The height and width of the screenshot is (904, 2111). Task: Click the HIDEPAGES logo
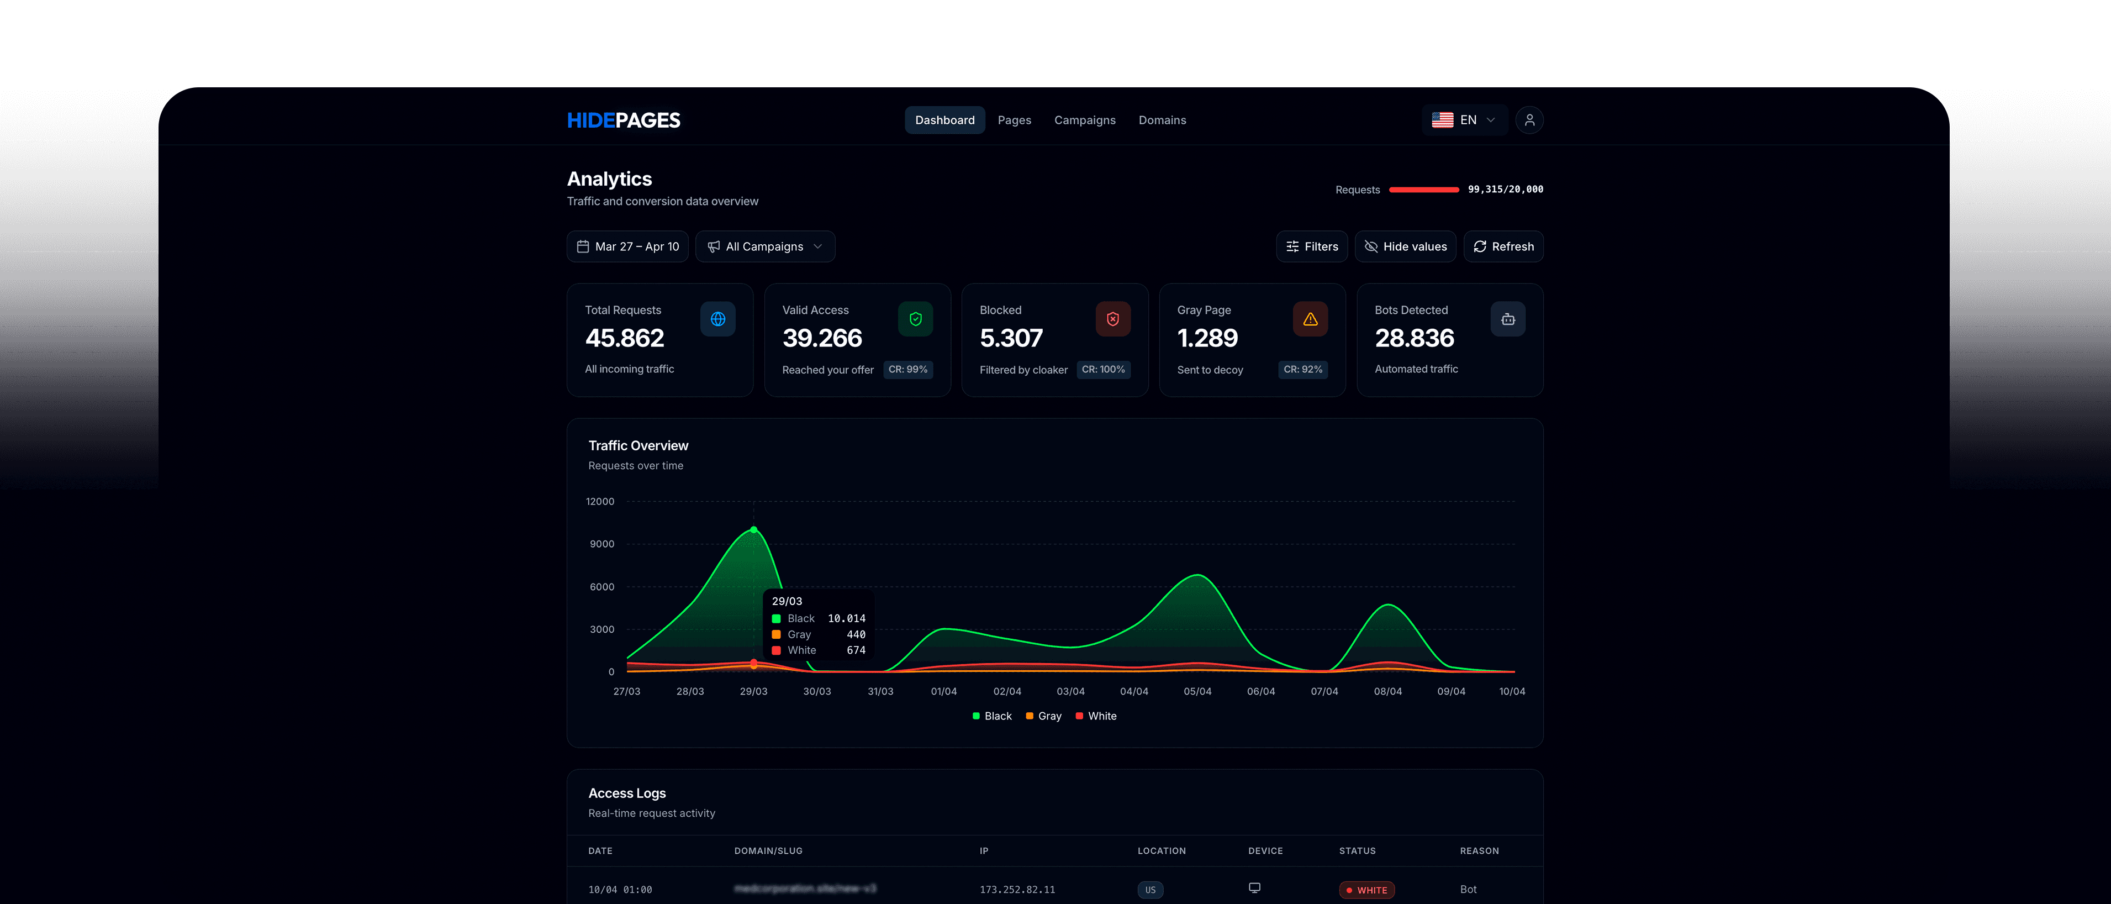[623, 120]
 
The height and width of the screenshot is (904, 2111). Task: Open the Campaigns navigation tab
[1084, 120]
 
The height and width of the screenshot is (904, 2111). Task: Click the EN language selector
[1464, 120]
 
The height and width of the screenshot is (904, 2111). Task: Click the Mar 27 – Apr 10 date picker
[628, 246]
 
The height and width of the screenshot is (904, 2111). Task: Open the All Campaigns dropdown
[764, 246]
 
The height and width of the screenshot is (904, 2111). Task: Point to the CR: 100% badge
[1102, 370]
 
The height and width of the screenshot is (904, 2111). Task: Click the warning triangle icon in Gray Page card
[1310, 319]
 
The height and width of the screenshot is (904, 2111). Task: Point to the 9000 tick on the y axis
[601, 544]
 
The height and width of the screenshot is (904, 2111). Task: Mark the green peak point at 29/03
[753, 529]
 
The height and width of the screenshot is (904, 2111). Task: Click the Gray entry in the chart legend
[1043, 716]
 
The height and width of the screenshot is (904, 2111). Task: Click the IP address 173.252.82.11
[1016, 890]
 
